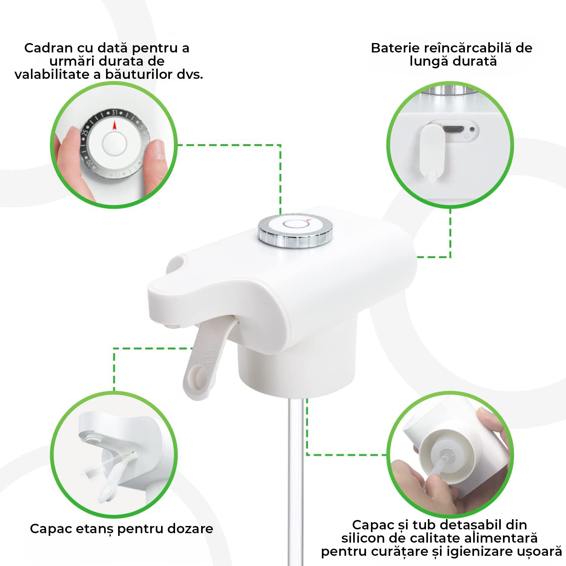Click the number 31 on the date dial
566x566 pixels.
pos(114,112)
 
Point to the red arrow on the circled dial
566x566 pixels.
pos(115,125)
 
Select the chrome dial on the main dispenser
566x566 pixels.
pos(295,231)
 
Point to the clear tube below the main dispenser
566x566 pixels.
pos(295,472)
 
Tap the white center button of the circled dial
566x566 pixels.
pos(114,143)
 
